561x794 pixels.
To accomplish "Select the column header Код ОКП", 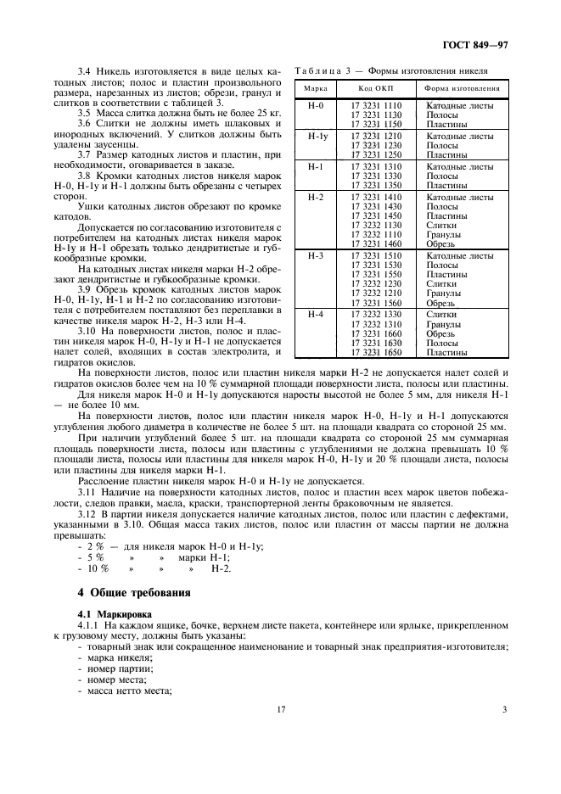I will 376,89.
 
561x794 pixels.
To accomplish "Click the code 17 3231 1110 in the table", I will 376,105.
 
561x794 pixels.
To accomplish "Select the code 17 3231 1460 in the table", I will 376,243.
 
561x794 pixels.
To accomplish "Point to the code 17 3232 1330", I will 376,314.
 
